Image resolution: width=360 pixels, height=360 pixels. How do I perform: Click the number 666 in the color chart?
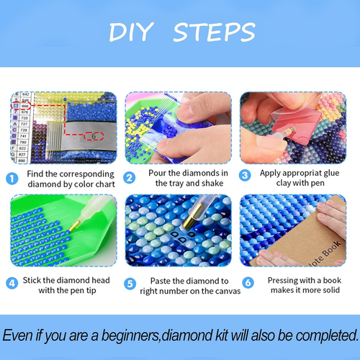(26, 105)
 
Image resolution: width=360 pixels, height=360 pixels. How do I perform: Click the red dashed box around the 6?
(93, 135)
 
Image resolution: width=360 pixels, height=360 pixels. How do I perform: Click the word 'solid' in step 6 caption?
(328, 291)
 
